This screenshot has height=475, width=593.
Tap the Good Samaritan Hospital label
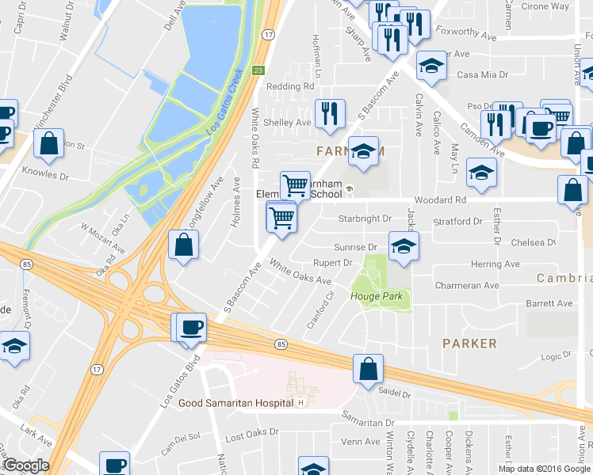pos(235,403)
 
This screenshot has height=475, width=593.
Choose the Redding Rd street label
pos(290,86)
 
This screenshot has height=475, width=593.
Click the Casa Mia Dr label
pos(482,75)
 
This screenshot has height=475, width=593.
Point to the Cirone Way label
pos(546,6)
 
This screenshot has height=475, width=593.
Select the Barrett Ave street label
pos(549,303)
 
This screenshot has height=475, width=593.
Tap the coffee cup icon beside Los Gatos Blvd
pos(191,329)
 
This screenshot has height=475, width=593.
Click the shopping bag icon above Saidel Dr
pos(369,370)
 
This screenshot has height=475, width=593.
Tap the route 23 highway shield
pos(258,70)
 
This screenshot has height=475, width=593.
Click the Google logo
pos(25,466)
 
